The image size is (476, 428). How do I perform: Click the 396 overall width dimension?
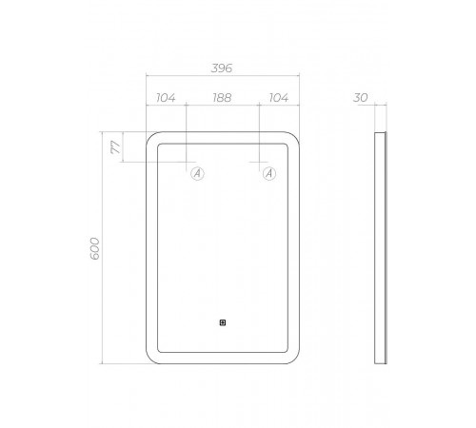coord(222,68)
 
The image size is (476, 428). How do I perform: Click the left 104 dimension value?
coord(166,98)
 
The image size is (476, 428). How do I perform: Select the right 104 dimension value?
coord(279,98)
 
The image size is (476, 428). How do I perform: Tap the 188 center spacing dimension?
coord(222,98)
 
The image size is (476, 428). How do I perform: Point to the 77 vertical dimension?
coord(115,147)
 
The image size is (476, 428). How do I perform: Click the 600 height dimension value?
coord(95,248)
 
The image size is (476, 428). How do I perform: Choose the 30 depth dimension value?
coord(361,98)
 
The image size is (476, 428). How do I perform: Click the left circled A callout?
coord(197,173)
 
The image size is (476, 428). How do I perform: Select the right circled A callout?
coord(269,173)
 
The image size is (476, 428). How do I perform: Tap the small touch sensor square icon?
coord(223,322)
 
